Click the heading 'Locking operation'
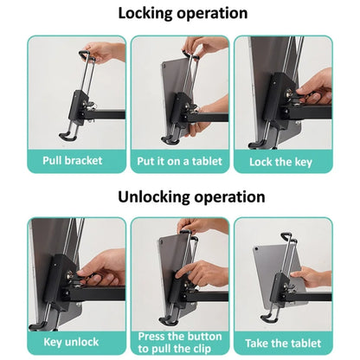pyautogui.click(x=181, y=13)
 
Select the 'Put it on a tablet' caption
pyautogui.click(x=179, y=161)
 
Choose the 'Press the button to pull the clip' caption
pyautogui.click(x=179, y=343)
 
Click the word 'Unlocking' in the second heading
pyautogui.click(x=150, y=196)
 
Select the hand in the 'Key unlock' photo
pyautogui.click(x=104, y=268)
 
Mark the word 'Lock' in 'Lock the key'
pyautogui.click(x=261, y=161)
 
